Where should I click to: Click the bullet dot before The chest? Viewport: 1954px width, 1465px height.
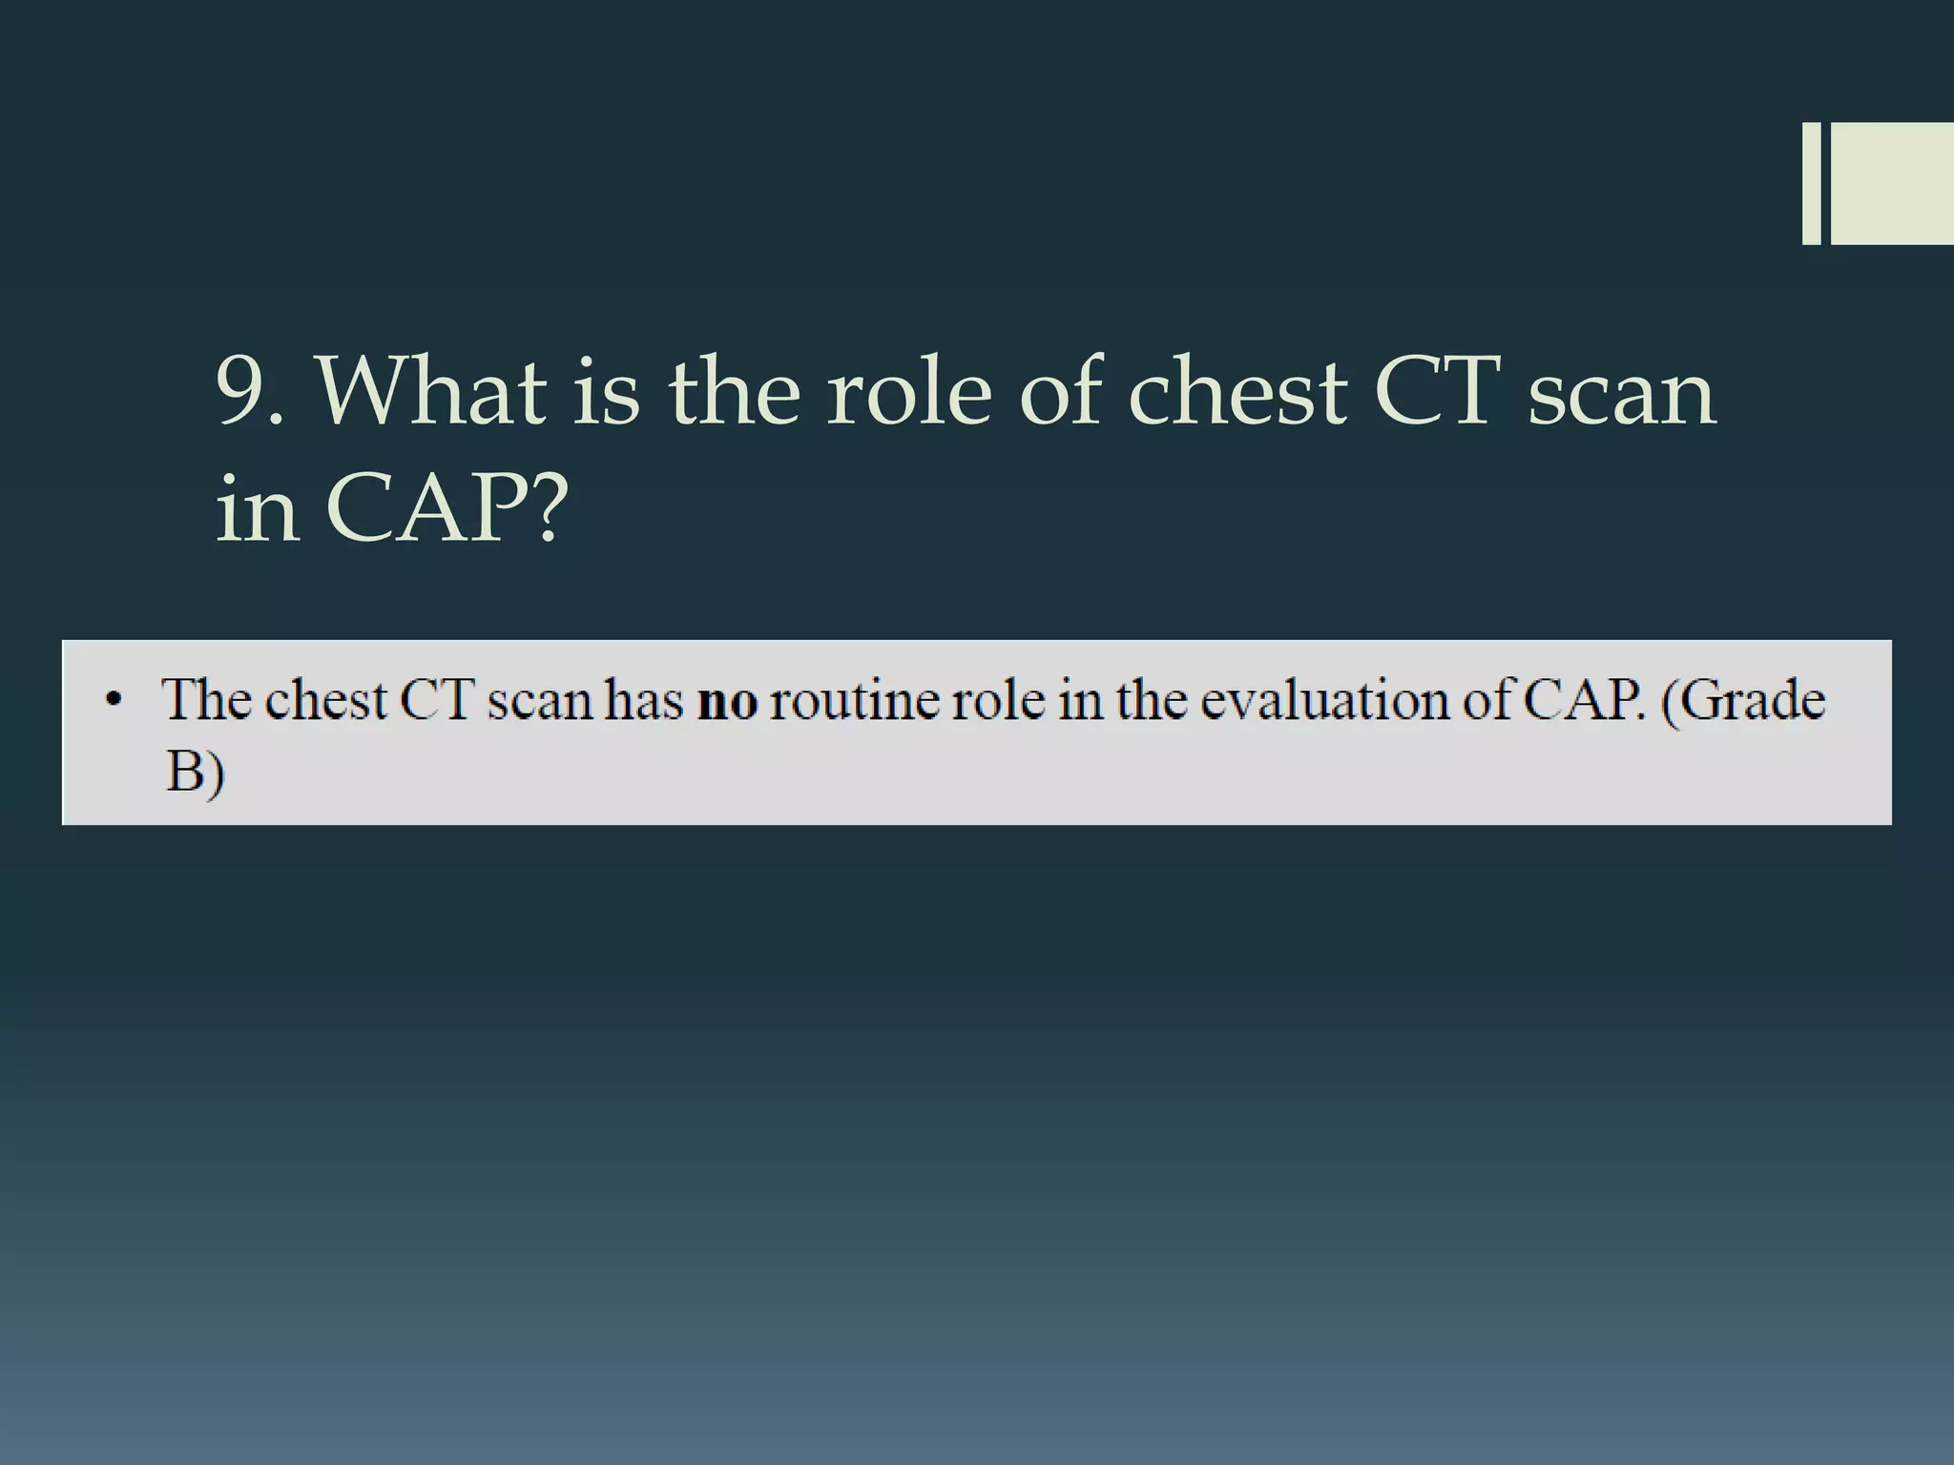tap(114, 702)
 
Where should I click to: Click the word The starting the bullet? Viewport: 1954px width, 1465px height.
tap(208, 700)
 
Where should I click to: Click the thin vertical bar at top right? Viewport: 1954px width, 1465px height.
tap(1811, 183)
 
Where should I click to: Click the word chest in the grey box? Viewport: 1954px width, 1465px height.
tap(325, 701)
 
